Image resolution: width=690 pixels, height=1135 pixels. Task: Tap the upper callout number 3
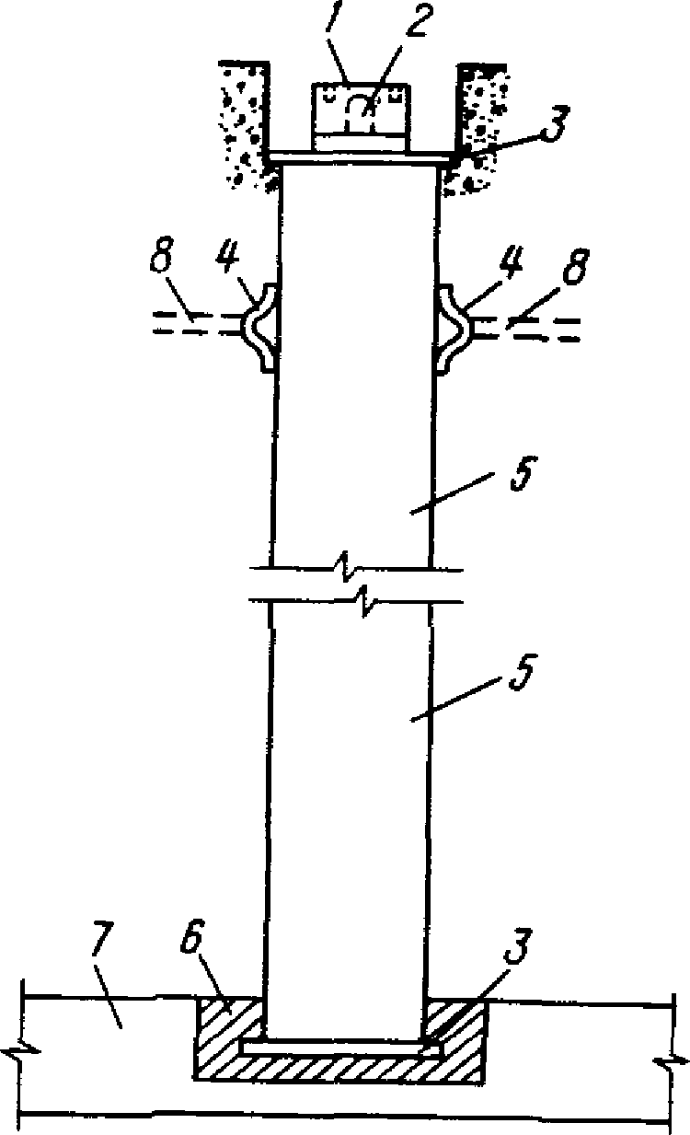coord(556,124)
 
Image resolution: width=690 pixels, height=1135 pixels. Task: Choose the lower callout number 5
coord(522,672)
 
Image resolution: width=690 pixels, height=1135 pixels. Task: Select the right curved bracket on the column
coord(453,330)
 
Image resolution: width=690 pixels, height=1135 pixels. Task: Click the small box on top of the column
coord(361,117)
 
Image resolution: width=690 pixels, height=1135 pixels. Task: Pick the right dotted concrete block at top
coord(475,128)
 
